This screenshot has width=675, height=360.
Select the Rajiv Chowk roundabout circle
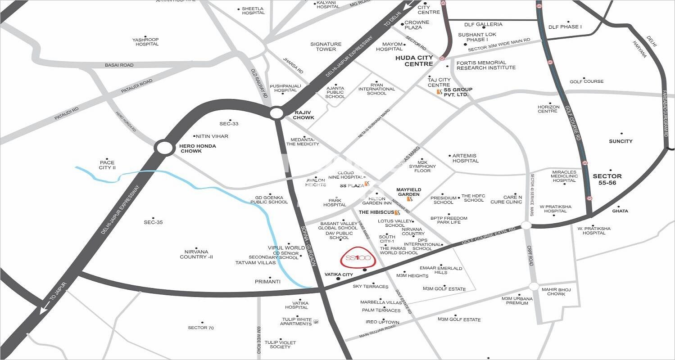(276, 112)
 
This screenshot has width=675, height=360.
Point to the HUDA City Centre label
(414, 61)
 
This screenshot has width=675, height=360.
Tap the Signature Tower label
(326, 47)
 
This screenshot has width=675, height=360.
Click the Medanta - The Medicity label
(305, 142)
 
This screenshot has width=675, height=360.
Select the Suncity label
(621, 141)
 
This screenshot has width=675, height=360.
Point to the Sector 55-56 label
(607, 179)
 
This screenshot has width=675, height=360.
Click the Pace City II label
(107, 165)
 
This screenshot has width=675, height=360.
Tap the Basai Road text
(119, 65)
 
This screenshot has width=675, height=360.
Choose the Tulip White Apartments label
(296, 322)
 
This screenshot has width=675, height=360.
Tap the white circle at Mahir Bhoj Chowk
(534, 286)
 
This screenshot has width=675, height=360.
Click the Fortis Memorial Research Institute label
(486, 65)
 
